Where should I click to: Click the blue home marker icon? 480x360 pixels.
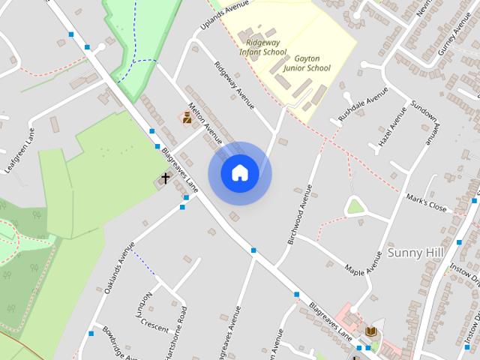239,173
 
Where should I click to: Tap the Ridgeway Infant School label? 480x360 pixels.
262,47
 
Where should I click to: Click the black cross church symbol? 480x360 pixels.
165,178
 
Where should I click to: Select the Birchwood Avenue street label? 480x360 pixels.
298,214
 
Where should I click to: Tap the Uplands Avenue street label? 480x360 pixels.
224,16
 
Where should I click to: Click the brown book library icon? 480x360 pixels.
370,331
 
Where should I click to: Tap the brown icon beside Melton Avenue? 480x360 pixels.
187,117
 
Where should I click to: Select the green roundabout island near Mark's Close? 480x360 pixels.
355,206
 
